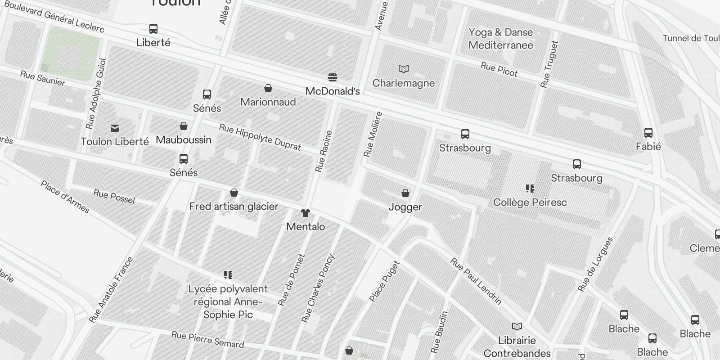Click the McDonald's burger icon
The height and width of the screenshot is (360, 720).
click(x=333, y=77)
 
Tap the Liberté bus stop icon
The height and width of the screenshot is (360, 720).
click(x=153, y=29)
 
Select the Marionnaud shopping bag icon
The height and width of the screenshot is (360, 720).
click(x=268, y=88)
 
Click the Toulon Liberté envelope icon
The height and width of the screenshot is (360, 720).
click(x=115, y=129)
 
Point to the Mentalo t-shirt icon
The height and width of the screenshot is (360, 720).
click(x=306, y=213)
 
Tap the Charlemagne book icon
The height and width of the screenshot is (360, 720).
click(x=404, y=69)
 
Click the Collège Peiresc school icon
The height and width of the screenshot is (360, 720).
click(x=530, y=189)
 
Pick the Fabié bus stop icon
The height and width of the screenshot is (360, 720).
click(x=648, y=133)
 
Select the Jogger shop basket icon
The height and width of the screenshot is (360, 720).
click(x=405, y=193)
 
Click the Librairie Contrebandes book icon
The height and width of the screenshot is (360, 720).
click(x=517, y=326)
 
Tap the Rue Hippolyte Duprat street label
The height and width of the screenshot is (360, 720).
click(x=260, y=137)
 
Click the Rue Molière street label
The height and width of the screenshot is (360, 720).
click(x=373, y=134)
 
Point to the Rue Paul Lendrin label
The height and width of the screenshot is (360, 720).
click(x=476, y=281)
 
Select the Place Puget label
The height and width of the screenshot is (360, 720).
click(x=384, y=281)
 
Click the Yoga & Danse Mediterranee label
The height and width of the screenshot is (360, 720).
click(x=500, y=39)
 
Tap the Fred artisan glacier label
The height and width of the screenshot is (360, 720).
click(x=234, y=207)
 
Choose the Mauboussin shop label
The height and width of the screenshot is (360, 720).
click(x=184, y=140)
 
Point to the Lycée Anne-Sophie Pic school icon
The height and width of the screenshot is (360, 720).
click(x=228, y=274)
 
